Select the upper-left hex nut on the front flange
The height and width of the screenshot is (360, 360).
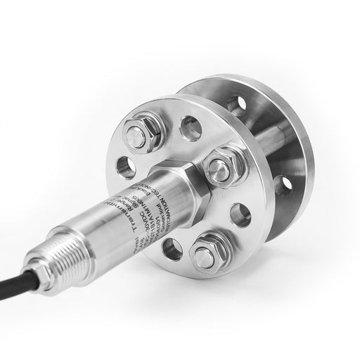point(139,133)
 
